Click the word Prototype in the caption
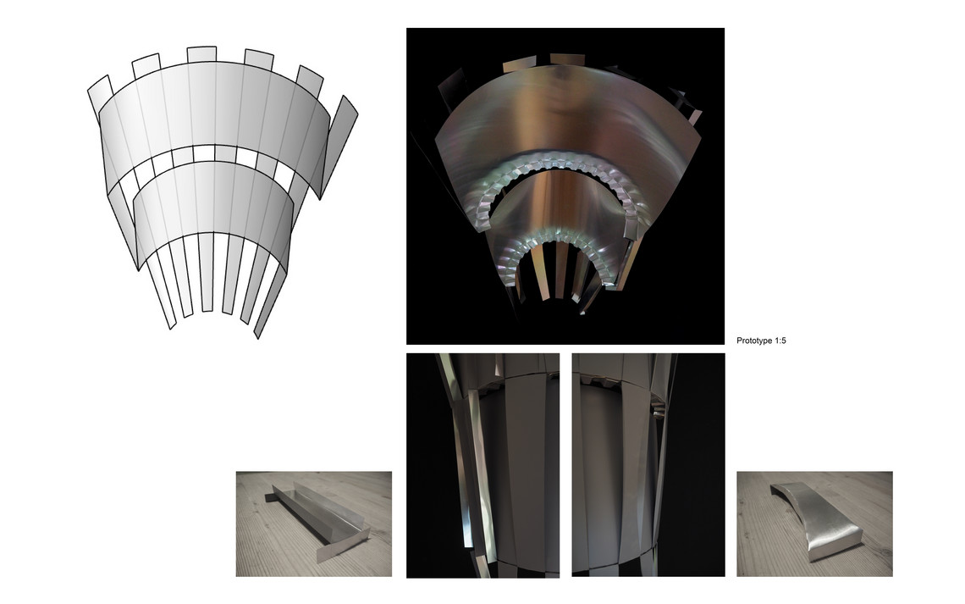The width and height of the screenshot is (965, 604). tap(754, 341)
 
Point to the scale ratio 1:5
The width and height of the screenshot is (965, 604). tap(780, 341)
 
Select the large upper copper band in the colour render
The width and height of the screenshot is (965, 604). tap(566, 116)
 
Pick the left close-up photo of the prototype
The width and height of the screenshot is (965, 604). tap(483, 465)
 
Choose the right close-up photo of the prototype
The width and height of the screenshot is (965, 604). tap(648, 465)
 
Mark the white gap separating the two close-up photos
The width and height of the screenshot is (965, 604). tap(565, 465)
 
